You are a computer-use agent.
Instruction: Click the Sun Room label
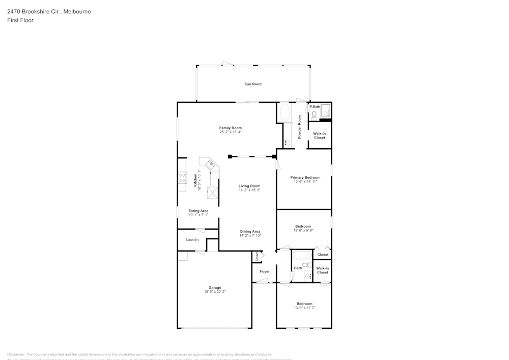253,84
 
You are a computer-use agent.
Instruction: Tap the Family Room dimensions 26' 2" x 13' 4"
230,132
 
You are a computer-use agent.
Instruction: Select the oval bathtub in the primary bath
284,113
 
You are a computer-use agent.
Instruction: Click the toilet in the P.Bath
314,115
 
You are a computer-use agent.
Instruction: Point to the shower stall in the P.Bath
325,110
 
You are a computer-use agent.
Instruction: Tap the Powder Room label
300,127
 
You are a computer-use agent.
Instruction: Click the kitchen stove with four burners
182,178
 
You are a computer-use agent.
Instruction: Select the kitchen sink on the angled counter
210,164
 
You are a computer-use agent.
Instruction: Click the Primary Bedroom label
305,178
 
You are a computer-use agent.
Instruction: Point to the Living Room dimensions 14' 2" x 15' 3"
249,190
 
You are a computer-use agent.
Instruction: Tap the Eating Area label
198,211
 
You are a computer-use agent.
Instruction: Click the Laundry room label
192,239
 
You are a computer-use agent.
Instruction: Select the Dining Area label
250,231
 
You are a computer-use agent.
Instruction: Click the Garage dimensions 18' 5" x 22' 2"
214,292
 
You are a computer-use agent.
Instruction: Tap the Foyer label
265,271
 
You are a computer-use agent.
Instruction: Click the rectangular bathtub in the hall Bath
301,255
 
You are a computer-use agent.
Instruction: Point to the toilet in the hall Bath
306,265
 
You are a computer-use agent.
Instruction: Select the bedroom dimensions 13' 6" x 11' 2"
304,308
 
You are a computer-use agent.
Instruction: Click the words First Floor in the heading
20,20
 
